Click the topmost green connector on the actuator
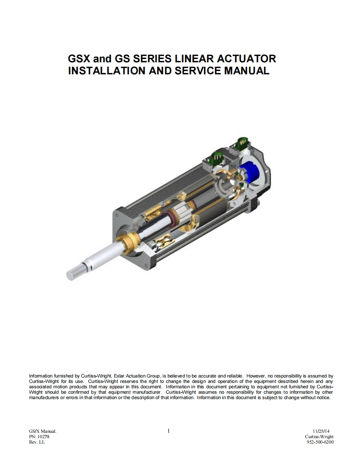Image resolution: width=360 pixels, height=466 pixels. coord(242,144)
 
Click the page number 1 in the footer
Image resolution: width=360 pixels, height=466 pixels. coord(168,431)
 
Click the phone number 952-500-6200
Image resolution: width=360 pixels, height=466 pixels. coord(320,442)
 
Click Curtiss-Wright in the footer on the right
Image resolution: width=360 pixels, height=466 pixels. coord(319,437)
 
